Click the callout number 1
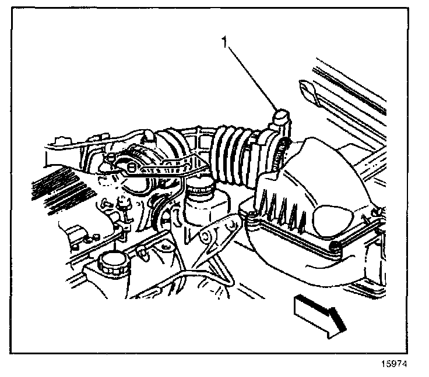224,42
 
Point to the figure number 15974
394,364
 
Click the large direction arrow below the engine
319,316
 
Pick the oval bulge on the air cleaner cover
332,221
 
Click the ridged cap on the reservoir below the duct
200,185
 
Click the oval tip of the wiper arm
308,91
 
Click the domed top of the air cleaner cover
328,169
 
